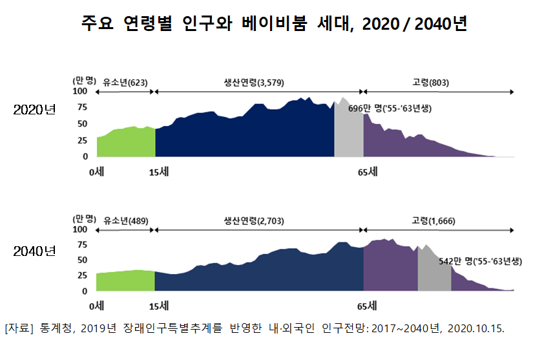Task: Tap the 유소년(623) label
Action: coord(125,83)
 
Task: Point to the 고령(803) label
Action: coord(430,83)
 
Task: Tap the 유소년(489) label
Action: coord(125,221)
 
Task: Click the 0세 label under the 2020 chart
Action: coord(97,172)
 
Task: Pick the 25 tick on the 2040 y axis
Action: coord(82,275)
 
